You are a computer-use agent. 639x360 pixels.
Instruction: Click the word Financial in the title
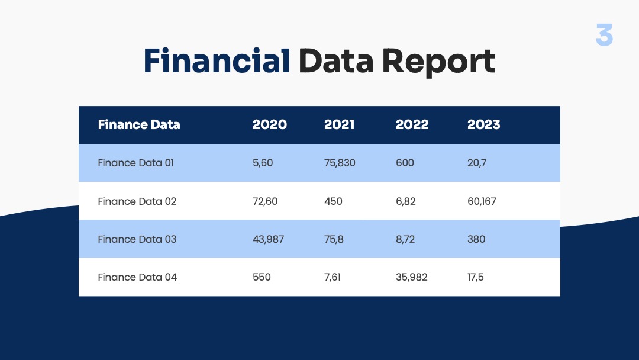217,60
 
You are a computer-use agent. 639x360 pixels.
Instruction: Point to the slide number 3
604,35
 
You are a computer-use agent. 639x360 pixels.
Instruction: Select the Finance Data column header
139,124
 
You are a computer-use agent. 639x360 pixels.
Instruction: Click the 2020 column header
270,124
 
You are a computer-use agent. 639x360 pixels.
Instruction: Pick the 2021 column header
339,124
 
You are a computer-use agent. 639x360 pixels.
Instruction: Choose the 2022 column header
412,124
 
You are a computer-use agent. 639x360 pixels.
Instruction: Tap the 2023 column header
484,124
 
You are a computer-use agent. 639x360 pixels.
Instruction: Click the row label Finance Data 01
135,163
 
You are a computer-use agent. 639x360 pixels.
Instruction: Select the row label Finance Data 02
137,201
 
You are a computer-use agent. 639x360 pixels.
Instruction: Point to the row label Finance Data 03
137,239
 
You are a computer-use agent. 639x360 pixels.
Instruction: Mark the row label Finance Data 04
137,277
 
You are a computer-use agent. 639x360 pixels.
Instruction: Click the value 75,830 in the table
340,163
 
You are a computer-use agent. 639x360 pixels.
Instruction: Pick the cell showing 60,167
482,201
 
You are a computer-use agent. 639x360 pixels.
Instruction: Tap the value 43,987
268,239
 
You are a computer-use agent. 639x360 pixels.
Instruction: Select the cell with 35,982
412,277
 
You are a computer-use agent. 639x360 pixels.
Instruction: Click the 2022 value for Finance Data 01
405,163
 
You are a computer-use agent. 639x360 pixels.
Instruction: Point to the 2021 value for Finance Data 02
333,201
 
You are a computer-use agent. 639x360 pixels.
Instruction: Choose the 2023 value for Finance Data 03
476,239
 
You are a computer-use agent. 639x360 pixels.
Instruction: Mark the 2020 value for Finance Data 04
262,277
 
